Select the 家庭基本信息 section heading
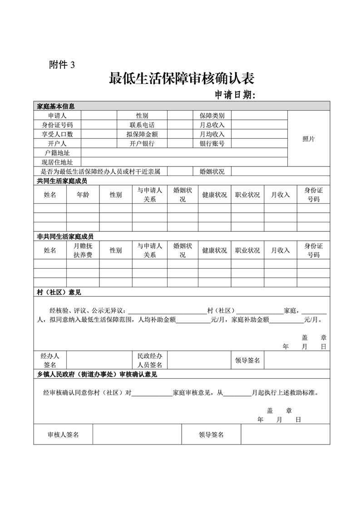click(x=55, y=106)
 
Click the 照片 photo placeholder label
click(x=308, y=139)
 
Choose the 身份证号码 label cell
click(x=58, y=125)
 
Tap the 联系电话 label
click(x=142, y=125)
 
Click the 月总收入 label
click(x=212, y=125)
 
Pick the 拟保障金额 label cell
click(x=142, y=134)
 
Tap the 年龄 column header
click(x=83, y=195)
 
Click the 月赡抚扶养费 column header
click(x=83, y=250)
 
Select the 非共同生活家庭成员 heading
click(x=62, y=236)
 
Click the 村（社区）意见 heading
click(x=55, y=292)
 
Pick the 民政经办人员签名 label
click(x=150, y=360)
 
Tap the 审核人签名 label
click(x=63, y=435)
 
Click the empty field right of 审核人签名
click(x=137, y=435)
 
